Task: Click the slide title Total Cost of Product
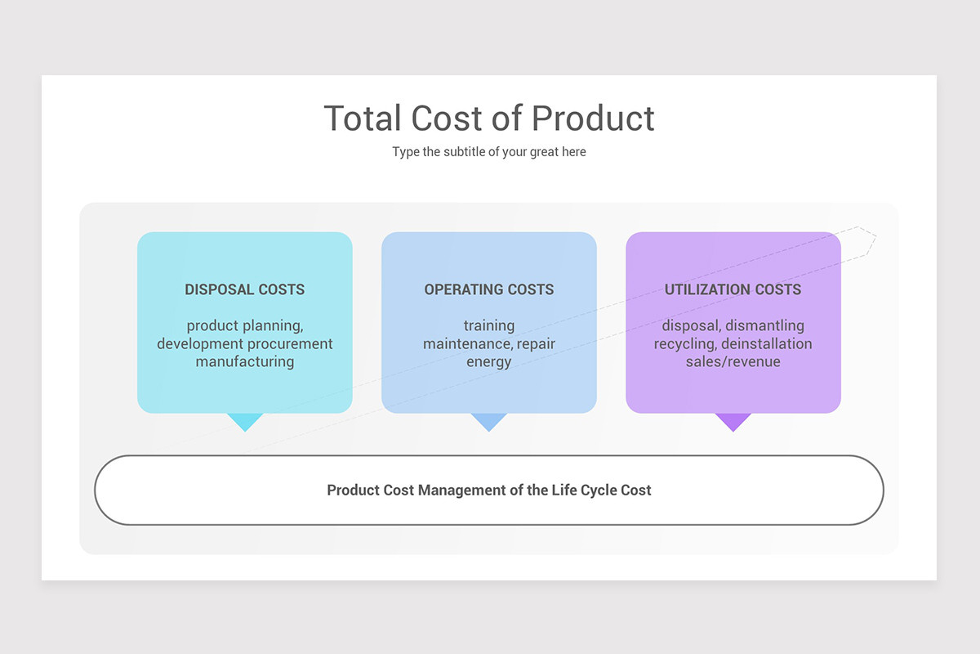[x=489, y=119]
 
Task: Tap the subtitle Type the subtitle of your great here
[x=489, y=152]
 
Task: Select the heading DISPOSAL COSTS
[x=245, y=289]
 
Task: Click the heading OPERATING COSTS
[x=489, y=289]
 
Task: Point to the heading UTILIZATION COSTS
[x=733, y=289]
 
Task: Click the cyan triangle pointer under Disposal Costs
[x=245, y=421]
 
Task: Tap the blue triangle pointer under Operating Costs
[x=489, y=421]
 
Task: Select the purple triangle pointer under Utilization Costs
[x=733, y=421]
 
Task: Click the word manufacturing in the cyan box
[x=245, y=361]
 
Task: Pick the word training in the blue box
[x=489, y=325]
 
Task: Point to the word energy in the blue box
[x=489, y=361]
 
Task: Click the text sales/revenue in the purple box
[x=733, y=361]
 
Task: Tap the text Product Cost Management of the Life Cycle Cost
[x=489, y=490]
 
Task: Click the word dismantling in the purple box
[x=765, y=325]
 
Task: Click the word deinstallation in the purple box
[x=767, y=343]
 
